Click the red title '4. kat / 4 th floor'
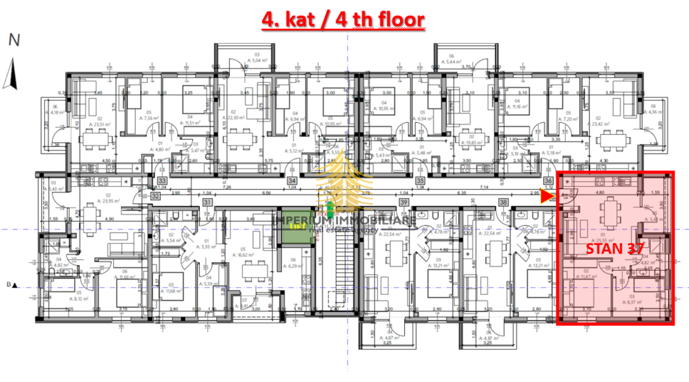343,20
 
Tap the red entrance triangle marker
547,197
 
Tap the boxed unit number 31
208,203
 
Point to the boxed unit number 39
404,203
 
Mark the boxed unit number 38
504,203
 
